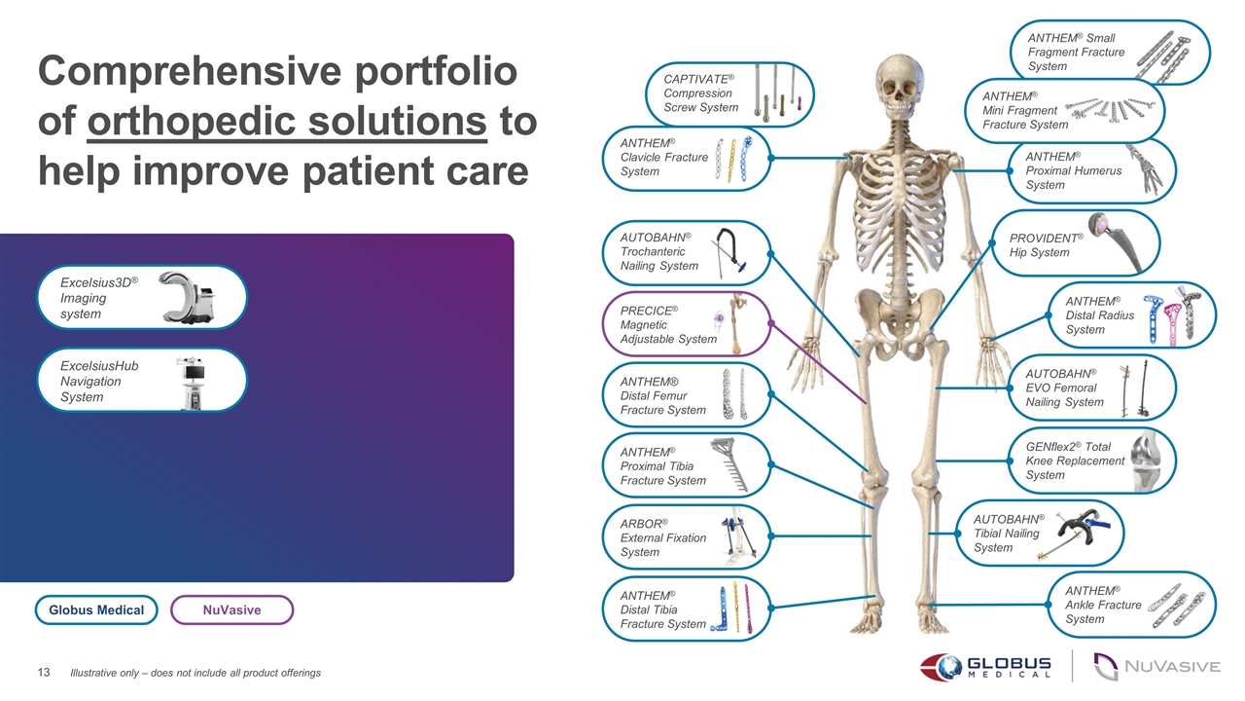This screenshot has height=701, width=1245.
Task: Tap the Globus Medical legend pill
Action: click(x=96, y=609)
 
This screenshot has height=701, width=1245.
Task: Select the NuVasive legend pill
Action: click(x=231, y=609)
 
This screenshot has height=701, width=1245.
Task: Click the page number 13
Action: click(x=44, y=673)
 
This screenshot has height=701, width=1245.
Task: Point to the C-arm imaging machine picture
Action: click(x=186, y=297)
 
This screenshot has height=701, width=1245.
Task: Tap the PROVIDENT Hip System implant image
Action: click(x=1116, y=242)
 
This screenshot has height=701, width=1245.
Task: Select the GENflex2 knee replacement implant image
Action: click(x=1148, y=461)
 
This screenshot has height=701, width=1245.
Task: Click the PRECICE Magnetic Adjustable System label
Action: click(x=668, y=324)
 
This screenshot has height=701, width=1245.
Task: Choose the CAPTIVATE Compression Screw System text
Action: click(x=700, y=92)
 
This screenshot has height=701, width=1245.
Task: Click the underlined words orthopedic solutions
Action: click(x=287, y=122)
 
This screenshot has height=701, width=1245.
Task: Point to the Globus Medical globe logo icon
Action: click(x=942, y=667)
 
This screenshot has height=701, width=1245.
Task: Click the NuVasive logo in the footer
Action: click(x=1157, y=667)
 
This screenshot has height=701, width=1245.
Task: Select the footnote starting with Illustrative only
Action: click(x=196, y=673)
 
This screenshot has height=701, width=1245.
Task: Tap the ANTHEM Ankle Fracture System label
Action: click(x=1103, y=605)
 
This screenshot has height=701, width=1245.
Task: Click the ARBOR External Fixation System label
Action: click(x=663, y=537)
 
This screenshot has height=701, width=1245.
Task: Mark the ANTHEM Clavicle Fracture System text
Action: click(x=664, y=157)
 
